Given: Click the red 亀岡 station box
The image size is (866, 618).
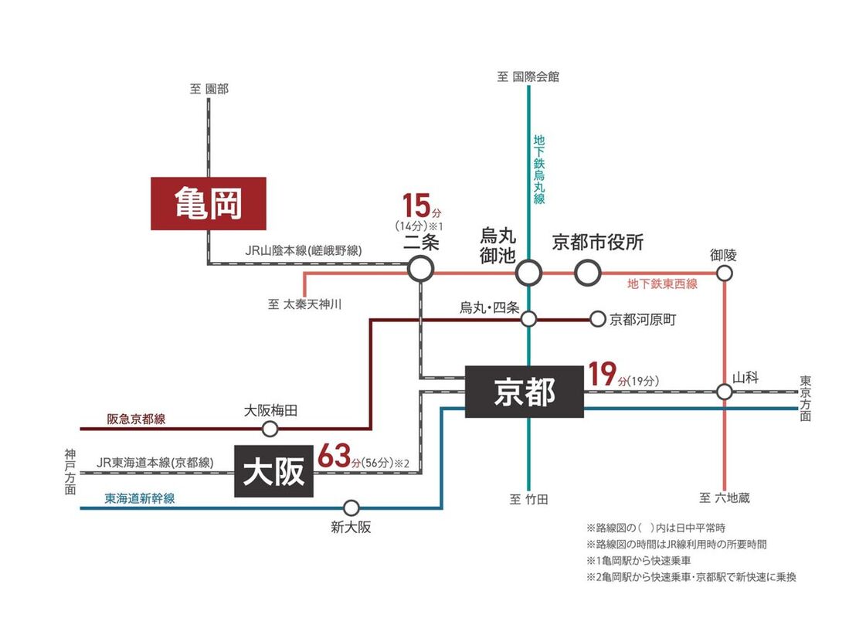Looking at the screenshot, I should pyautogui.click(x=208, y=204).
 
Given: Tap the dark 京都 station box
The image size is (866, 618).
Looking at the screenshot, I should pyautogui.click(x=524, y=392).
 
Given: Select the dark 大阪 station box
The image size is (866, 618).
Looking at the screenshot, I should pyautogui.click(x=273, y=471).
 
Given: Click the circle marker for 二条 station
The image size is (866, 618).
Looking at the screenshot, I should pyautogui.click(x=420, y=269).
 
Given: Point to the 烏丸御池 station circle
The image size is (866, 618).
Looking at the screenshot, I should pyautogui.click(x=529, y=272).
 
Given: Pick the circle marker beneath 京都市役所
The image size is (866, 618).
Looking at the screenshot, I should pyautogui.click(x=587, y=272).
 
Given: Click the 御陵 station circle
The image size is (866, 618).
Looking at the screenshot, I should pyautogui.click(x=724, y=273).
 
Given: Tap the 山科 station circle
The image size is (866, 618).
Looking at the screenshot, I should pyautogui.click(x=724, y=392).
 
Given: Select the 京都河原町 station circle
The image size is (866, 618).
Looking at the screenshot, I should pyautogui.click(x=597, y=318).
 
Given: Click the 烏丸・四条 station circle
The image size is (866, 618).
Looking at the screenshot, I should pyautogui.click(x=529, y=318).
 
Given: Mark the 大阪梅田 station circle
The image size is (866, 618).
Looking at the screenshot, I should pyautogui.click(x=270, y=429).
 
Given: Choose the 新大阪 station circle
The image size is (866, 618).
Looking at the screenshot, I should pyautogui.click(x=351, y=508).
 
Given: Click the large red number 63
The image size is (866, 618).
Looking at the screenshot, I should pyautogui.click(x=335, y=455).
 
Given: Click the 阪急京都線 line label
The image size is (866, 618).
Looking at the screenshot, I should pyautogui.click(x=136, y=419).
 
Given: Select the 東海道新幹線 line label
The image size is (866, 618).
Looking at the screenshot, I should pyautogui.click(x=140, y=499).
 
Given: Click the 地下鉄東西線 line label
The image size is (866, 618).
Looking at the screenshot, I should pyautogui.click(x=662, y=284).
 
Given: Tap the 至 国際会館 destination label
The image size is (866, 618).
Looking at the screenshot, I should pyautogui.click(x=528, y=76).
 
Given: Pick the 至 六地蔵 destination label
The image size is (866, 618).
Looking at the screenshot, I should pyautogui.click(x=724, y=498).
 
